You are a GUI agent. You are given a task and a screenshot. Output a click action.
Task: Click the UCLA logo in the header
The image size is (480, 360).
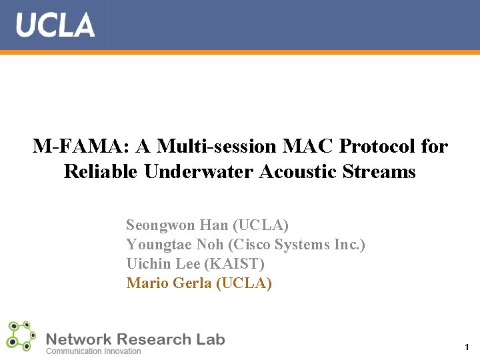55,25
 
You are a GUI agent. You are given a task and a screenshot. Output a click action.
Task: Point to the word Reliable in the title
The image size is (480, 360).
101,171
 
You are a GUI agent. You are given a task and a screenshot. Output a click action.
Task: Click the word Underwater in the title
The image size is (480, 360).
199,171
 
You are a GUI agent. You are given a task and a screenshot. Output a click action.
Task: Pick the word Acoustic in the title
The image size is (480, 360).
297,171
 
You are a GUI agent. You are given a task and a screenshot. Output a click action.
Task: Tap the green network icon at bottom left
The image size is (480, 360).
21,337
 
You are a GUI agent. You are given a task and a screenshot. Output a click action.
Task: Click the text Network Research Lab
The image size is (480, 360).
135,339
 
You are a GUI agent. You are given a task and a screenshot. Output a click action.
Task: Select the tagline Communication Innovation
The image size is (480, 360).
93,351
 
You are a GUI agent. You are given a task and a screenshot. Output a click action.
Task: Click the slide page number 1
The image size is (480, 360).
467,347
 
